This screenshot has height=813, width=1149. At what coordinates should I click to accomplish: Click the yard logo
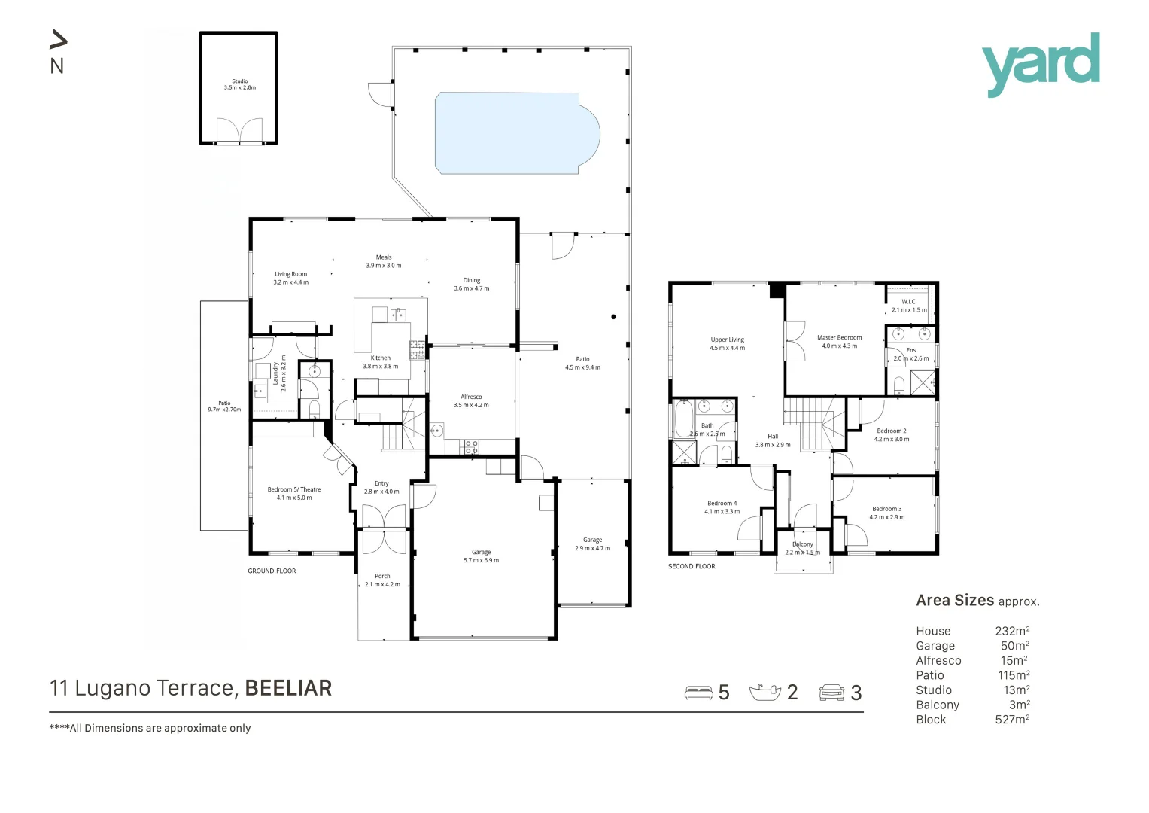[x=1040, y=63]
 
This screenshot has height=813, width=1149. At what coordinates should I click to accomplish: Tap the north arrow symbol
[x=58, y=40]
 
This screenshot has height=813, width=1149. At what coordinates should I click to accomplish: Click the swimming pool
[x=516, y=133]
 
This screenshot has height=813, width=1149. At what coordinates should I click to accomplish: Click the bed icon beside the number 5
[x=698, y=692]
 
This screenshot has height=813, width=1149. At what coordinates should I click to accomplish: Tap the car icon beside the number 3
[x=831, y=692]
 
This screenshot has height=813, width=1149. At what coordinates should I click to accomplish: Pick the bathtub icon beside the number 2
[x=765, y=692]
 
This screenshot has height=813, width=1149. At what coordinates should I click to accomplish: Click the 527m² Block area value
[x=1011, y=720]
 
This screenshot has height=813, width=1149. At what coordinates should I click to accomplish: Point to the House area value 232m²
[x=1011, y=632]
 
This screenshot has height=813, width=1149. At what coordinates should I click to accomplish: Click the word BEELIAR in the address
[x=288, y=688]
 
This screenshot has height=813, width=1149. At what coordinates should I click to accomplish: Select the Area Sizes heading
[x=955, y=601]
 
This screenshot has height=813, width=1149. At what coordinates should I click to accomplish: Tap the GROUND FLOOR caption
[x=272, y=571]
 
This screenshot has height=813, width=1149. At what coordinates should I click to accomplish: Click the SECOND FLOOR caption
[x=692, y=566]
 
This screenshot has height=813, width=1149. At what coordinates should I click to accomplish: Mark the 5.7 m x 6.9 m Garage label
[x=481, y=556]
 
